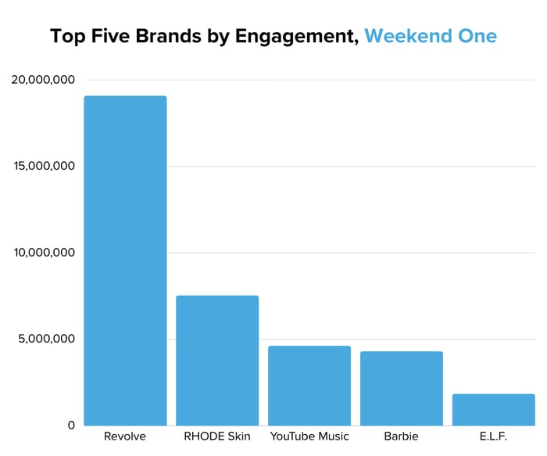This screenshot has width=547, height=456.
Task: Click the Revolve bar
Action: click(125, 260)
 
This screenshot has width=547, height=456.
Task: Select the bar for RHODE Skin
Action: click(217, 360)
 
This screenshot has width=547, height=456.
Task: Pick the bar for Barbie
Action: click(402, 388)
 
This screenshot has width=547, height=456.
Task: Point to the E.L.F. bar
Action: click(494, 409)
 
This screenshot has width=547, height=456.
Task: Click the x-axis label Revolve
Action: click(125, 436)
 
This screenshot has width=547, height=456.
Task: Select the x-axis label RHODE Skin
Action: click(217, 436)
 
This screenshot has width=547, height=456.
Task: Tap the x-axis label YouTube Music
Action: click(309, 436)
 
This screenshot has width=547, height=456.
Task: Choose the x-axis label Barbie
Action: click(402, 436)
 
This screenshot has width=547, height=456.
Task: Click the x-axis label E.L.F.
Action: click(494, 436)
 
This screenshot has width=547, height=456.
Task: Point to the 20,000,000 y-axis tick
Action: click(43, 80)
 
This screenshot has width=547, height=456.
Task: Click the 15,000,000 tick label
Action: click(43, 167)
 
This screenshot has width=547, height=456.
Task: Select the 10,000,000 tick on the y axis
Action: click(43, 253)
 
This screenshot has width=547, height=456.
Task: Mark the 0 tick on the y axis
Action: click(70, 425)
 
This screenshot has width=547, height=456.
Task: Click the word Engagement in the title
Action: click(299, 37)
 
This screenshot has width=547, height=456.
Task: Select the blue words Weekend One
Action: click(430, 36)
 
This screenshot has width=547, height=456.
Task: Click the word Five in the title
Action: click(108, 36)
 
